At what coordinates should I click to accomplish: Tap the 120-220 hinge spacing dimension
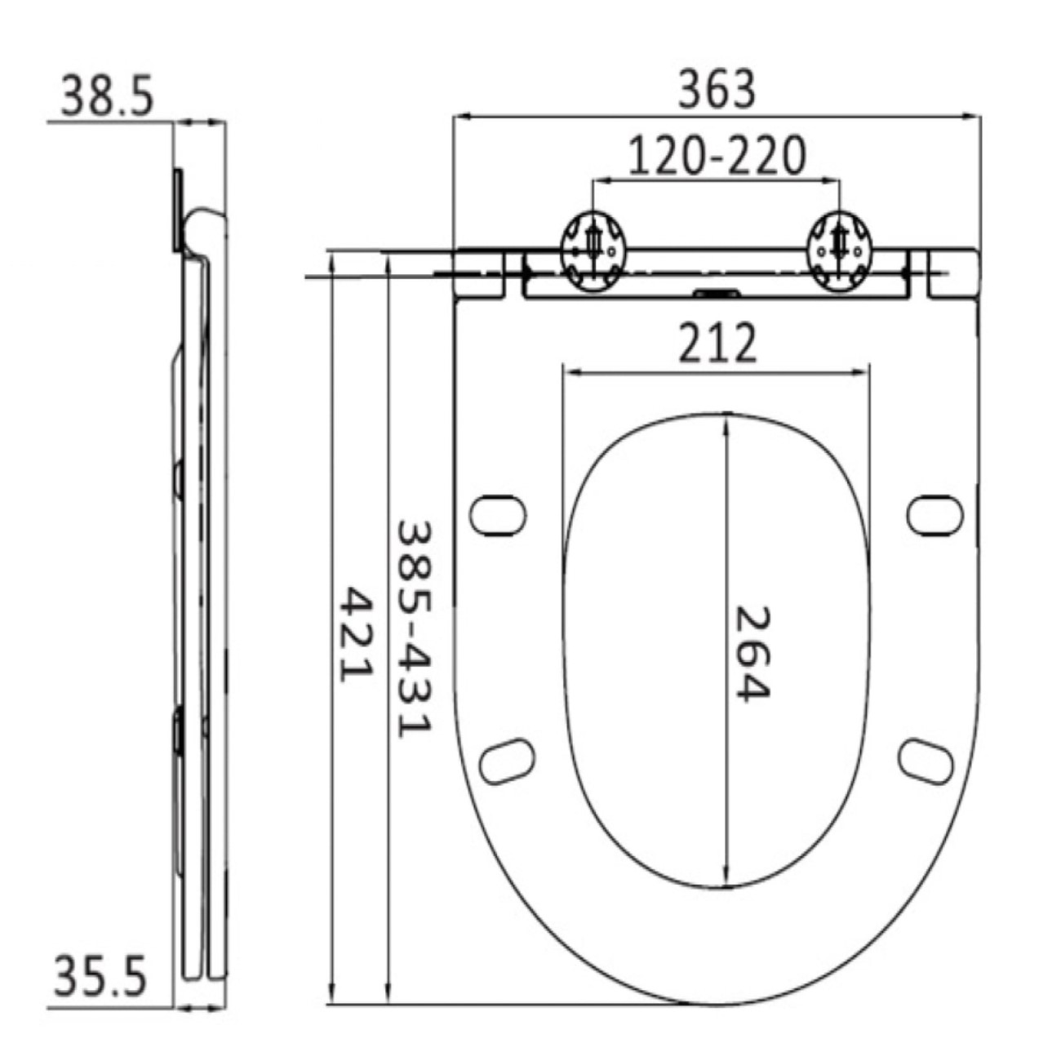click(x=717, y=156)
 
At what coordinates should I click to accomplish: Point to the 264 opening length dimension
click(x=752, y=653)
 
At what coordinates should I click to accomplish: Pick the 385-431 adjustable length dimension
click(x=415, y=629)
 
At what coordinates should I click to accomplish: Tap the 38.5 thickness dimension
click(x=107, y=97)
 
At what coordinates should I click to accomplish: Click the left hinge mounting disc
click(x=593, y=251)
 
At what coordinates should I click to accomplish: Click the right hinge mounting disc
click(x=840, y=251)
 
